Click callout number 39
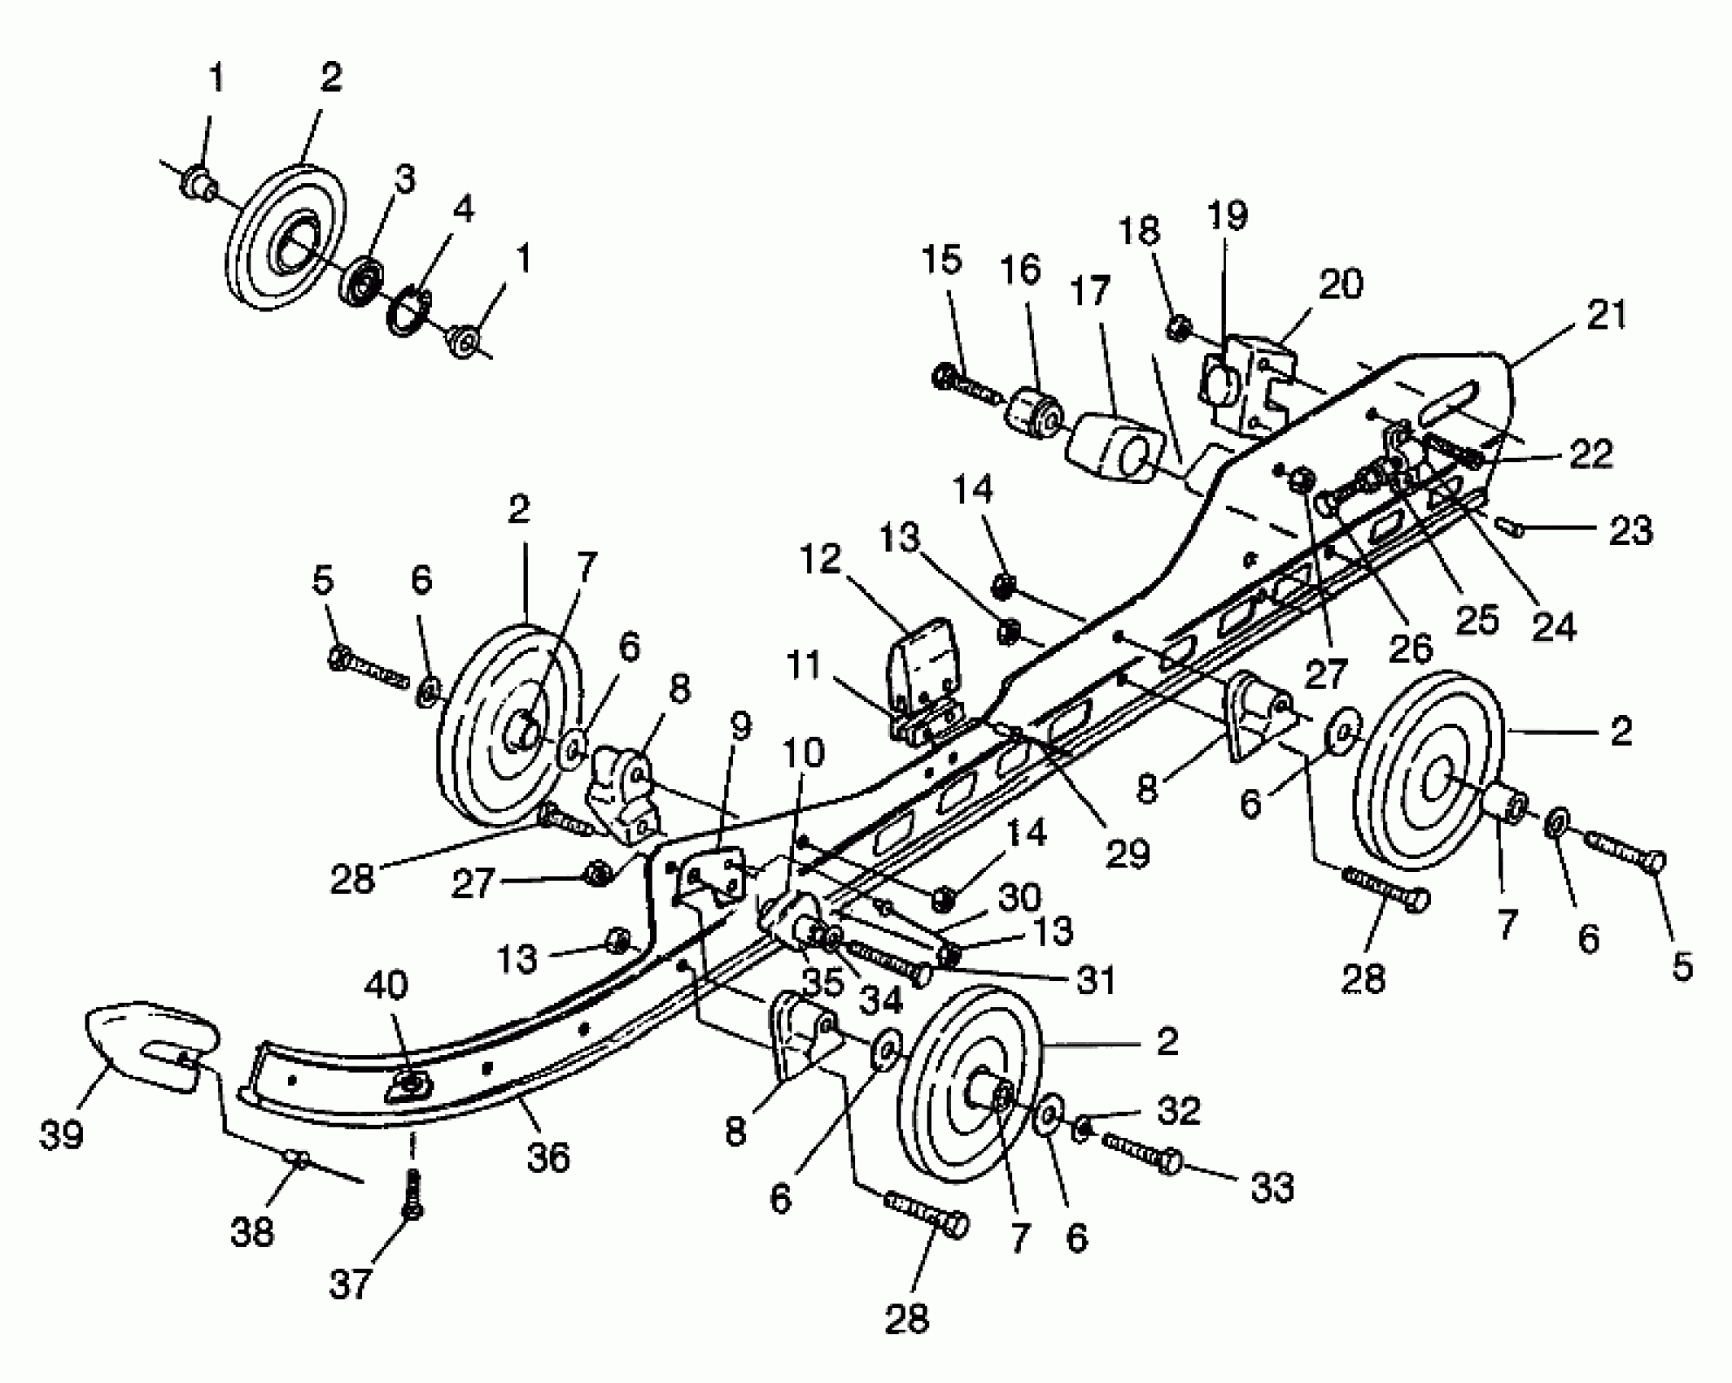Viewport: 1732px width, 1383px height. (62, 1133)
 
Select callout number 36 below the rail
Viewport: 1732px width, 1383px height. (548, 1156)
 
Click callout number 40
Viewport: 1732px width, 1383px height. (386, 985)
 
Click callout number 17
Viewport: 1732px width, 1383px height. (1090, 290)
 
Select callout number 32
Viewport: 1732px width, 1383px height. (1179, 1110)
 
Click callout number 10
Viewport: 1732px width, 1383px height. (804, 753)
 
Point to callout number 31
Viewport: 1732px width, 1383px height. (1095, 981)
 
